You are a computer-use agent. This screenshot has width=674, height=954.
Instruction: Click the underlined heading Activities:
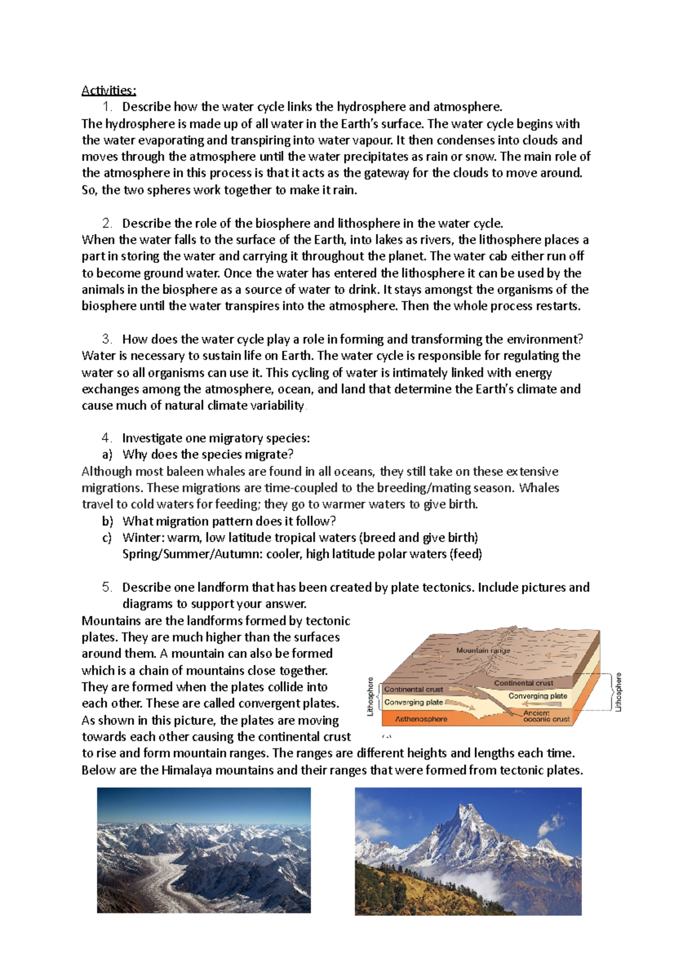pos(108,90)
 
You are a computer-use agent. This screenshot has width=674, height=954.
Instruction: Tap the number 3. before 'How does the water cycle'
pos(107,339)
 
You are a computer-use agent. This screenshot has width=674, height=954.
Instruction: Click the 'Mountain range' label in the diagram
pos(483,651)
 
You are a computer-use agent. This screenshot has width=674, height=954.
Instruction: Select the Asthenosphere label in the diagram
pos(421,719)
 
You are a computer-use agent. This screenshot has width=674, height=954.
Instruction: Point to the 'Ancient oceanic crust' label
pos(545,716)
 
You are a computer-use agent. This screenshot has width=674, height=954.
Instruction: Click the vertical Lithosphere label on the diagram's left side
pos(370,697)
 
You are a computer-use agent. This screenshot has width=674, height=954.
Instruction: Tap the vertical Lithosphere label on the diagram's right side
pos(618,692)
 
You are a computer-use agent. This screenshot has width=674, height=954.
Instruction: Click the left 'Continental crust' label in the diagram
pos(413,689)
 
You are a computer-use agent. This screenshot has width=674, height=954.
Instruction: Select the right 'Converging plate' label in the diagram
pos(538,696)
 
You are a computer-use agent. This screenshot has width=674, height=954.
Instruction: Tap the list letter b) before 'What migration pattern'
pos(107,521)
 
